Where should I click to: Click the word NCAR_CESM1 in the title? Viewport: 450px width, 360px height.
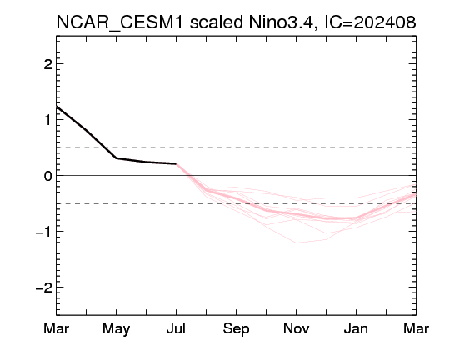(120, 22)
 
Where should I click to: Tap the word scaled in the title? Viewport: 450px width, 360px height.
(217, 22)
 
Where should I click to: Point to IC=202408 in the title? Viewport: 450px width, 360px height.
(370, 22)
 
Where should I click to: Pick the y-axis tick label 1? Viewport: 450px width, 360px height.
(48, 120)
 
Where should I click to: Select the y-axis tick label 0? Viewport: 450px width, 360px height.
(48, 175)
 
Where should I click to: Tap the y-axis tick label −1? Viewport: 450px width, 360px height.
(44, 232)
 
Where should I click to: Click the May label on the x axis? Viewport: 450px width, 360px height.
(116, 328)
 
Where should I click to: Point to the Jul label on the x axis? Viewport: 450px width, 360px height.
(176, 328)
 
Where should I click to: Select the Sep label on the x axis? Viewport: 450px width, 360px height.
(236, 328)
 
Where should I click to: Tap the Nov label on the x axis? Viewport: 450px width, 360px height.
(296, 328)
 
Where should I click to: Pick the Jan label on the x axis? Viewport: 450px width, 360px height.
(356, 328)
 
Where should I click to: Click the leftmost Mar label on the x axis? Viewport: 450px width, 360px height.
(57, 328)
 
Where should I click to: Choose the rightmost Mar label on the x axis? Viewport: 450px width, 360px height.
(416, 328)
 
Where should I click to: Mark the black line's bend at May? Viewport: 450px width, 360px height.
(116, 157)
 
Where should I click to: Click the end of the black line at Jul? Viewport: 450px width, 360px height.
(176, 163)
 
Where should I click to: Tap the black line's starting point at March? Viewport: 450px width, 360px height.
(57, 107)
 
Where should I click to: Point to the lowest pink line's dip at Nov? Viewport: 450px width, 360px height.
(297, 242)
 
